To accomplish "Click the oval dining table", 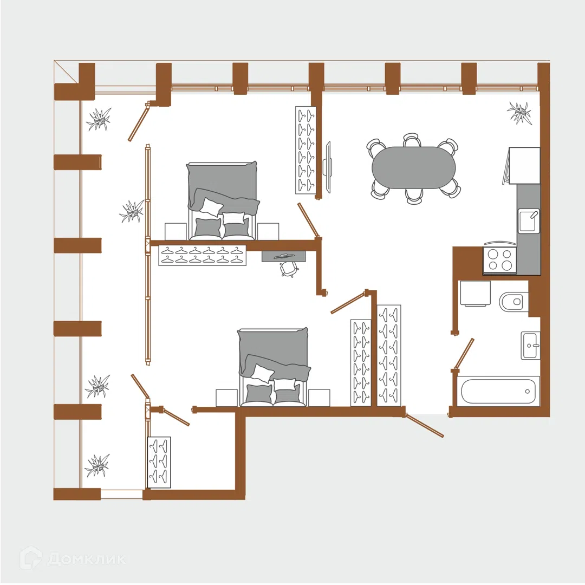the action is (413, 168).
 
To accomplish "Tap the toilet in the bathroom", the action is (513, 302).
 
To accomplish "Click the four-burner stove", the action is (500, 259).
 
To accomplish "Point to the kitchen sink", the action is (529, 221).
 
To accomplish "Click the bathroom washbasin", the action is (530, 345).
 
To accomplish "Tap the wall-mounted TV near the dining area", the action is (328, 167).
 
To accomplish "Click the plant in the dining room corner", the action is (519, 112).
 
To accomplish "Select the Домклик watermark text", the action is (87, 558).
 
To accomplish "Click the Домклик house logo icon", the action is (31, 558).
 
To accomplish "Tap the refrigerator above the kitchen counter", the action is (524, 165).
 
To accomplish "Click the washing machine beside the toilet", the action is (475, 294).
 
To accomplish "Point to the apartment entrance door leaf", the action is (425, 425).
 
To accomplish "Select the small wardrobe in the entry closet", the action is (159, 462).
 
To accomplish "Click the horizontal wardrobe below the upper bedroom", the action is (202, 255).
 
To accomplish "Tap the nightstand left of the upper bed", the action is (175, 232).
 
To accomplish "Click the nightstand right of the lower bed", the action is (319, 398).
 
